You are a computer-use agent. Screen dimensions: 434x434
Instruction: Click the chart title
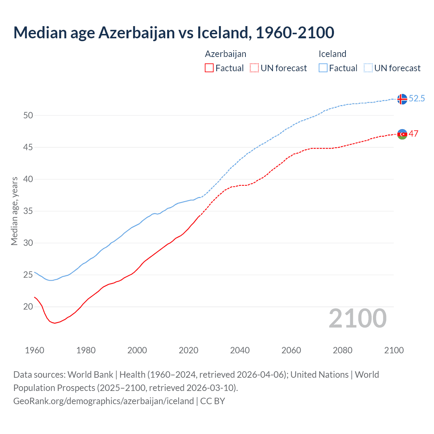point(174,33)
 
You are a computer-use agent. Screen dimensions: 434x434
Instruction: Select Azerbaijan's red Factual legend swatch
point(209,68)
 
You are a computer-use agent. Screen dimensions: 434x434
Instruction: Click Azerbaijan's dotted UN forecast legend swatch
point(254,68)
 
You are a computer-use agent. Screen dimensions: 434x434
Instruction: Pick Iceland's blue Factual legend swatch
point(323,68)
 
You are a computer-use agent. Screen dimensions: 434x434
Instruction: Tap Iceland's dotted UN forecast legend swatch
point(368,68)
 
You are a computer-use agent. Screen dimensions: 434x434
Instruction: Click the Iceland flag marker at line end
point(402,99)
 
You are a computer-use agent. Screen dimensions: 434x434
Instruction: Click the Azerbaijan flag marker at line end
point(402,134)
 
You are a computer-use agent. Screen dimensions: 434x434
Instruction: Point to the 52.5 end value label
point(417,98)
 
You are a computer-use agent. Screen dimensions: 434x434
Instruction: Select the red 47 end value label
point(413,134)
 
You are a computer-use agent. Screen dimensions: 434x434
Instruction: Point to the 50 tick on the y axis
point(28,115)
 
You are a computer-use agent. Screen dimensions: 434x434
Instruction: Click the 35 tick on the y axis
point(28,211)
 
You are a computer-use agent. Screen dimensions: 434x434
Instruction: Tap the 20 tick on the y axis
point(28,307)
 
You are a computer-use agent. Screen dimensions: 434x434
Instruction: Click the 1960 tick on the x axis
point(35,350)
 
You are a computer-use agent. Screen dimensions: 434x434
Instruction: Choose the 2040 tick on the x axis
point(240,350)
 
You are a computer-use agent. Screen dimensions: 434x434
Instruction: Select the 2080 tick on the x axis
point(342,350)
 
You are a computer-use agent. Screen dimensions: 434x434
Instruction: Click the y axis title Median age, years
point(14,211)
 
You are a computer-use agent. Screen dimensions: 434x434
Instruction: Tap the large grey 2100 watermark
point(357,318)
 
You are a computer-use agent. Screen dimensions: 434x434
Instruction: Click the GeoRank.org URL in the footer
point(103,401)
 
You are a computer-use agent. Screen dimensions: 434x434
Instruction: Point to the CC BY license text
point(213,401)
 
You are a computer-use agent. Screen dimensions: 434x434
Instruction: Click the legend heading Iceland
point(332,54)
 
